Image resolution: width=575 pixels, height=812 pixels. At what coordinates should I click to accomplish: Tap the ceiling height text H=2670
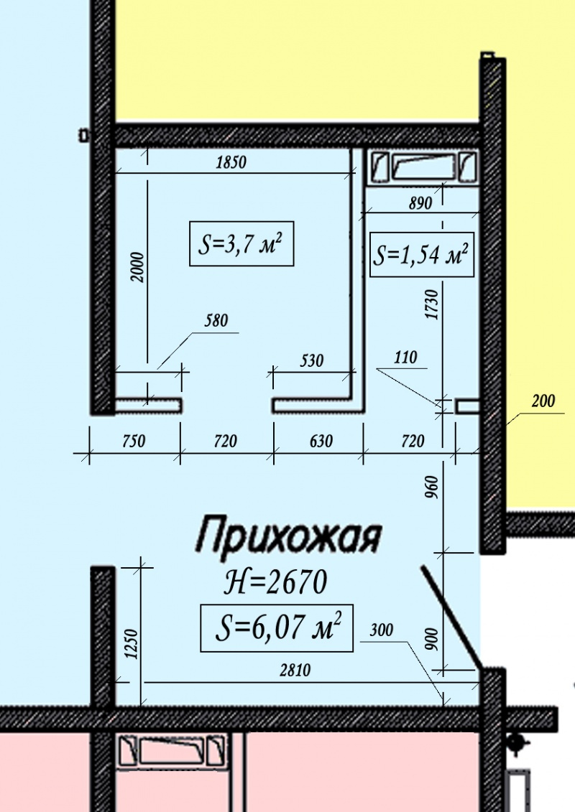pyautogui.click(x=275, y=582)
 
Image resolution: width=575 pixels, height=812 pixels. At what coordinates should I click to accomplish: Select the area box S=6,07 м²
pyautogui.click(x=277, y=627)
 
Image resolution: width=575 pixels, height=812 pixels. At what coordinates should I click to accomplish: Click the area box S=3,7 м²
pyautogui.click(x=241, y=244)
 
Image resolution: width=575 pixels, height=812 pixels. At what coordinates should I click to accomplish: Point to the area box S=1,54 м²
pyautogui.click(x=422, y=255)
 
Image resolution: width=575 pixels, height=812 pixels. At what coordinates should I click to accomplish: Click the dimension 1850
pyautogui.click(x=231, y=162)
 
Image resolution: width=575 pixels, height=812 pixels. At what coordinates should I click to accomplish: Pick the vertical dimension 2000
pyautogui.click(x=138, y=266)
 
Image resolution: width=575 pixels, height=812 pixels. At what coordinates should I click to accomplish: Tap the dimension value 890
pyautogui.click(x=420, y=203)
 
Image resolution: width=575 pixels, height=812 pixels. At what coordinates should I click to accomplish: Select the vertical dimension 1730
pyautogui.click(x=432, y=305)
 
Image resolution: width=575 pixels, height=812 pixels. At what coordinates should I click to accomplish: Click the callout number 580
pyautogui.click(x=216, y=320)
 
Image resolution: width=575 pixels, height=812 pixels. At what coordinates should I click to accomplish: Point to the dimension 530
pyautogui.click(x=312, y=360)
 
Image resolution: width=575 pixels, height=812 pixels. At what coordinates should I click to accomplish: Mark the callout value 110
pyautogui.click(x=405, y=358)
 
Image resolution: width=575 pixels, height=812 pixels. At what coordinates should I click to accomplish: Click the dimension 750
pyautogui.click(x=133, y=442)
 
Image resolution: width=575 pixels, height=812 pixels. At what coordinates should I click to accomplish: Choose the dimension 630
pyautogui.click(x=321, y=442)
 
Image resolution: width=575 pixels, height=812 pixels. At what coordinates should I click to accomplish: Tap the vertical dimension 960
pyautogui.click(x=432, y=487)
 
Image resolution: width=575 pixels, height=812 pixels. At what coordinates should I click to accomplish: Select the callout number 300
pyautogui.click(x=382, y=630)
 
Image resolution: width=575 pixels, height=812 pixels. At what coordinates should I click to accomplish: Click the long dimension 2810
pyautogui.click(x=295, y=670)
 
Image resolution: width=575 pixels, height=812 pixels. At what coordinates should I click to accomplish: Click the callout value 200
pyautogui.click(x=543, y=401)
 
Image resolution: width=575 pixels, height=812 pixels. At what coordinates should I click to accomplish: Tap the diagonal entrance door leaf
pyautogui.click(x=451, y=616)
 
